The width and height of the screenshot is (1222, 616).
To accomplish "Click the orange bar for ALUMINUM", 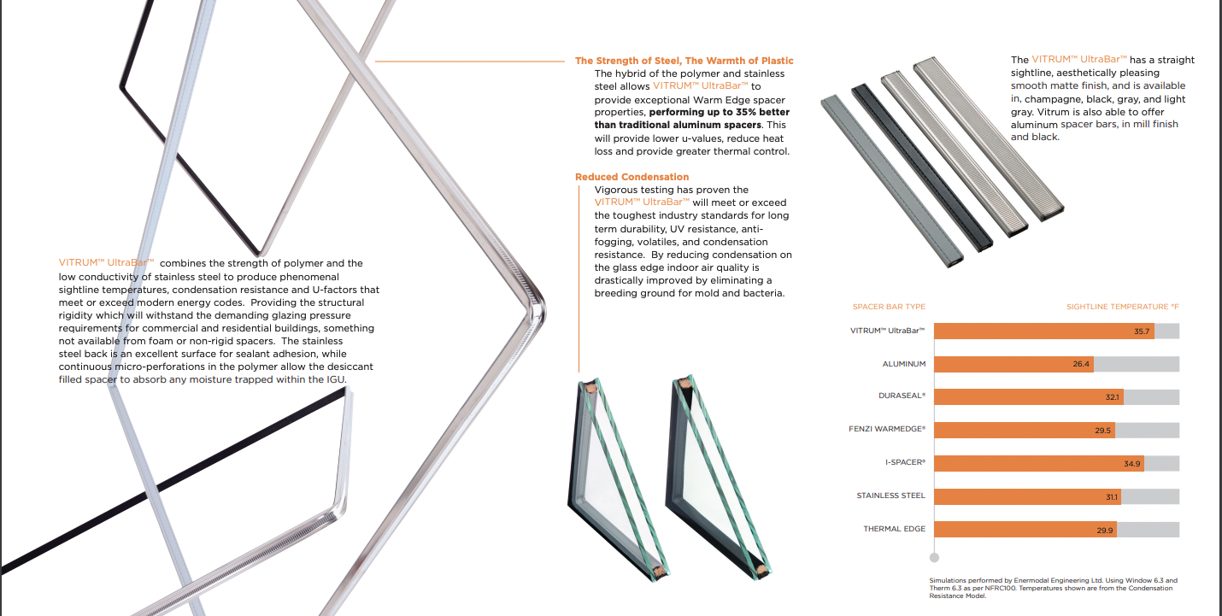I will pyautogui.click(x=1013, y=364).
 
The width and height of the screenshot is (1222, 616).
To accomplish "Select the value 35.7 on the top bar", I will pyautogui.click(x=1142, y=331).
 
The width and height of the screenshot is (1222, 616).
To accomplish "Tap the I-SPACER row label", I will pyautogui.click(x=905, y=463).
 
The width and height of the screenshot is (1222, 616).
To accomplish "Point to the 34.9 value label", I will pyautogui.click(x=1131, y=463).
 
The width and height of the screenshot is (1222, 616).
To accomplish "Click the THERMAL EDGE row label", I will pyautogui.click(x=894, y=529).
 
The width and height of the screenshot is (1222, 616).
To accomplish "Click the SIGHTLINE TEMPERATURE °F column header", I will pyautogui.click(x=1122, y=307).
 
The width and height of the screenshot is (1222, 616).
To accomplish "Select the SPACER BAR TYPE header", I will pyautogui.click(x=889, y=307).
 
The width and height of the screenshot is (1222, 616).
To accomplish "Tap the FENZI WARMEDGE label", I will pyautogui.click(x=890, y=430).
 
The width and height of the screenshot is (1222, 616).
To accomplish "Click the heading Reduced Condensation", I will pyautogui.click(x=632, y=177).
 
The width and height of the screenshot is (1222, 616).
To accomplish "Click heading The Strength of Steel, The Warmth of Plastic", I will pyautogui.click(x=684, y=61).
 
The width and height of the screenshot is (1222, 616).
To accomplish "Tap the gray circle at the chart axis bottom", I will pyautogui.click(x=934, y=557).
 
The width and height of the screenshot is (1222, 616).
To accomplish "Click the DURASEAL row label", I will pyautogui.click(x=902, y=396).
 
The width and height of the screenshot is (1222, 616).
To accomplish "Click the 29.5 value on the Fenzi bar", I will pyautogui.click(x=1102, y=431).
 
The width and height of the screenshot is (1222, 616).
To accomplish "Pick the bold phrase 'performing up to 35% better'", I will pyautogui.click(x=719, y=112).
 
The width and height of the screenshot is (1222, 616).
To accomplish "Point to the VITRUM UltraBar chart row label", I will pyautogui.click(x=888, y=331).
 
